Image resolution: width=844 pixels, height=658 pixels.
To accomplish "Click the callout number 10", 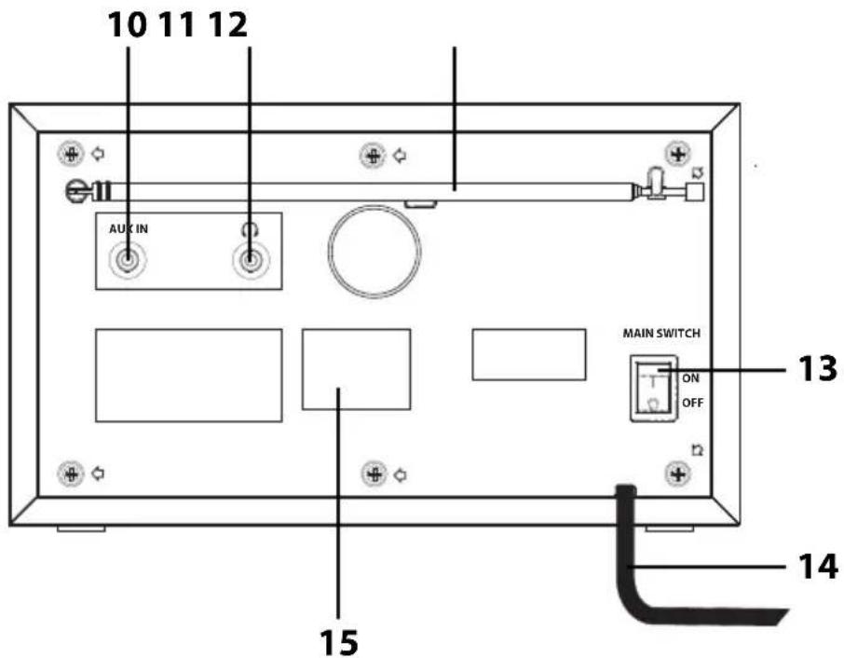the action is [128, 25].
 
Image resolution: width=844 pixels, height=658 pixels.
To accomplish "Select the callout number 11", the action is [177, 25].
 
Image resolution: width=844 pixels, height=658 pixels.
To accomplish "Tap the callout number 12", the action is [227, 25].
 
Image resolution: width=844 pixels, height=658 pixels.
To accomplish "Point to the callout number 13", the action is [817, 369].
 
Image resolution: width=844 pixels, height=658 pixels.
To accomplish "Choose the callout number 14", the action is [818, 567].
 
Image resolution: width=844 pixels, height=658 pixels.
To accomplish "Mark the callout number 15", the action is [338, 642].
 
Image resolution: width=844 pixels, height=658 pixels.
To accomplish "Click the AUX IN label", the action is [129, 229].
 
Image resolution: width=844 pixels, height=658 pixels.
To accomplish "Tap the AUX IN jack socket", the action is [128, 261].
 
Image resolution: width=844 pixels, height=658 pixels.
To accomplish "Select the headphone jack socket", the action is [250, 261].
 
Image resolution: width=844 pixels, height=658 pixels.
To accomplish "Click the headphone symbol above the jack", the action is [250, 229].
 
